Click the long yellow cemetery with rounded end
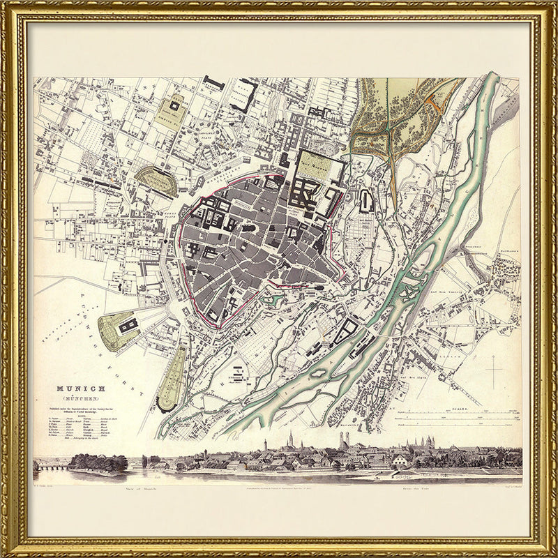point(171,377)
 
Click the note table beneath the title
point(77,426)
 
